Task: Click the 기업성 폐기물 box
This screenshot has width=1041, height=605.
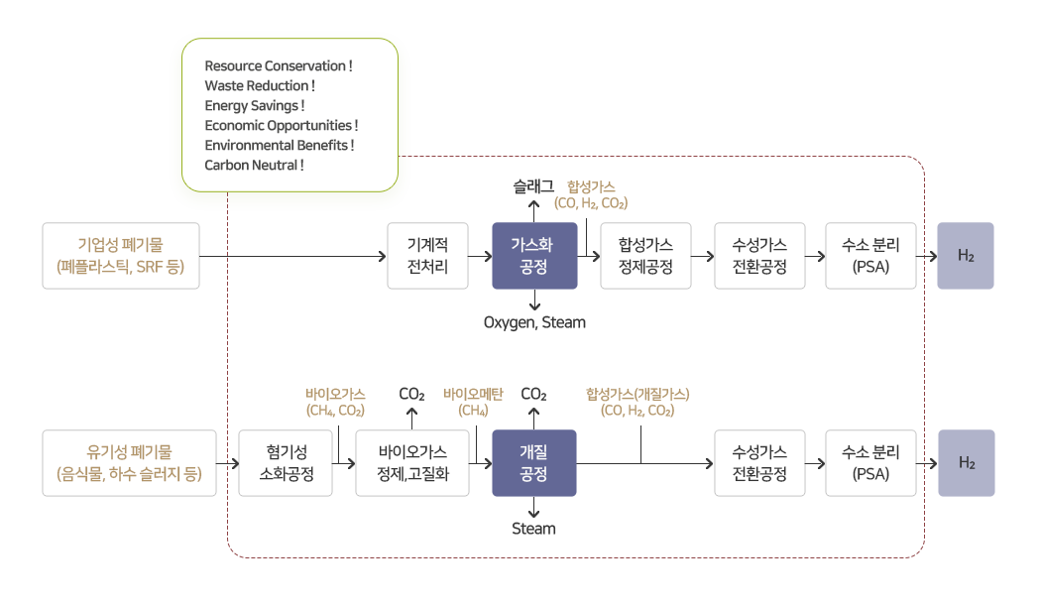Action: (121, 256)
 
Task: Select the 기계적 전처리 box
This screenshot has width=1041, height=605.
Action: (427, 256)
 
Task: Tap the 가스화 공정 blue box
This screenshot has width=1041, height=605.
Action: (534, 256)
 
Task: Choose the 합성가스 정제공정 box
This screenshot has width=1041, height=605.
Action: (645, 256)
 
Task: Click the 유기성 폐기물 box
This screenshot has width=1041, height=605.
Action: (129, 463)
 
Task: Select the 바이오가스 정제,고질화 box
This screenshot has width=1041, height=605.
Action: (412, 463)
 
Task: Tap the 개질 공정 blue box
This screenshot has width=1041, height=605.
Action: (534, 463)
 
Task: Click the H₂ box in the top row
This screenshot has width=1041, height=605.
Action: (966, 256)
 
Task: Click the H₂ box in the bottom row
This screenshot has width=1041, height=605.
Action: (966, 463)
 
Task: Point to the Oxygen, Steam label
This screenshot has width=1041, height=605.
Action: (534, 322)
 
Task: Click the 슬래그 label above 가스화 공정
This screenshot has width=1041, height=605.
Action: (533, 185)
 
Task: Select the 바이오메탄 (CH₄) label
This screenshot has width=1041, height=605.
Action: (473, 402)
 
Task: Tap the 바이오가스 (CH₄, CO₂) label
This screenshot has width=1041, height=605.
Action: (335, 402)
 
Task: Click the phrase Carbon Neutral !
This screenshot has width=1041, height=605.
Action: (254, 165)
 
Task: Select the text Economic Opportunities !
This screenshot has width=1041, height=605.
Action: (281, 125)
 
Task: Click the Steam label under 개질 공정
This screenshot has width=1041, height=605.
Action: (534, 529)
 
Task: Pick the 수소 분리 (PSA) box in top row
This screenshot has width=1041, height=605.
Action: (870, 256)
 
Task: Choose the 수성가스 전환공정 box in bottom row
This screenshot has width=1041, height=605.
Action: (759, 463)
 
